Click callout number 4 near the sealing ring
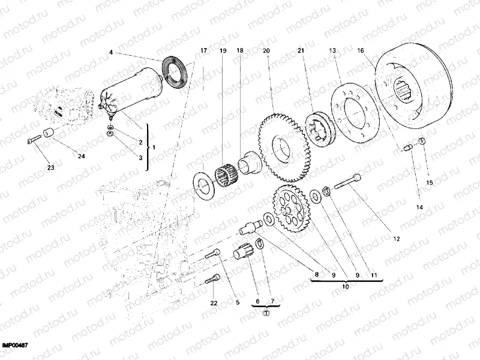(x=110, y=53)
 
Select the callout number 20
(x=266, y=51)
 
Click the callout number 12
(x=396, y=238)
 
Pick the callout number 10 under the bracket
(x=345, y=287)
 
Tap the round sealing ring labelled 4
(x=176, y=72)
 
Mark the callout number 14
(x=419, y=207)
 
